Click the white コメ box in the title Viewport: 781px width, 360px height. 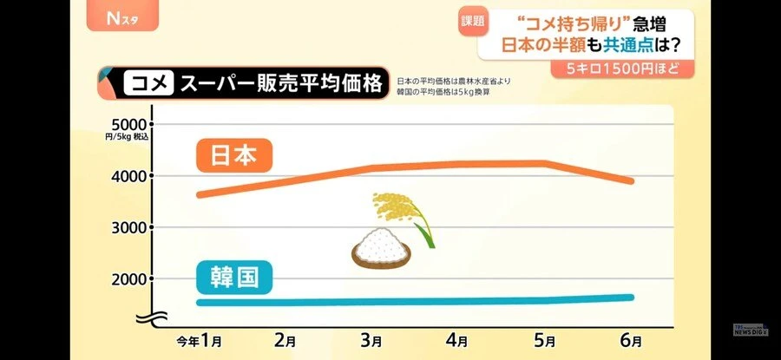[148, 84]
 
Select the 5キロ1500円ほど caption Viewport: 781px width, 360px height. [613, 68]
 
